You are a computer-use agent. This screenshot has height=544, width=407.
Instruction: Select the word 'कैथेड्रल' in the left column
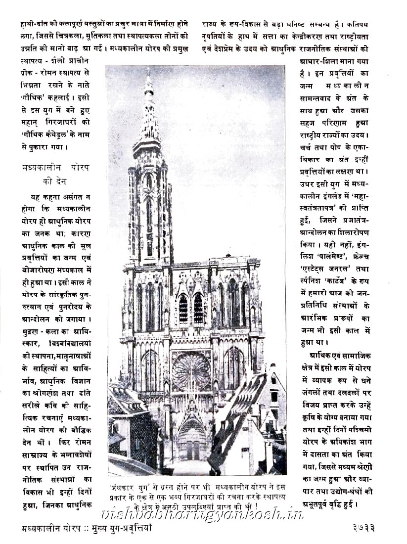60,133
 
